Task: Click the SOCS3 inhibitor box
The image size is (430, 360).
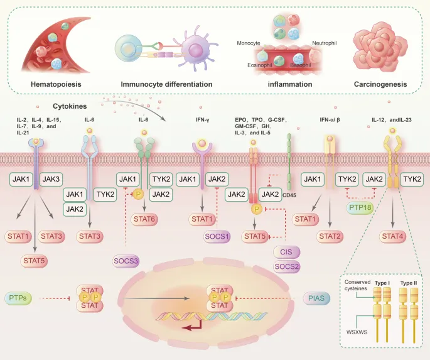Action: [x=126, y=259]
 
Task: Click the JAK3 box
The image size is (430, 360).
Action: [x=51, y=180]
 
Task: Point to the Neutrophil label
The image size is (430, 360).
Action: [x=325, y=43]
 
